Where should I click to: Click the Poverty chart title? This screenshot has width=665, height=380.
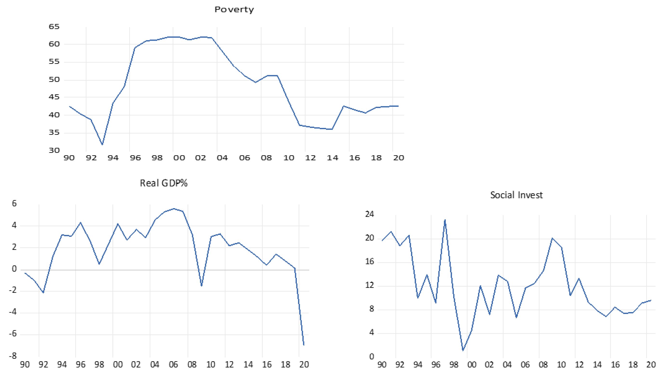tap(234, 10)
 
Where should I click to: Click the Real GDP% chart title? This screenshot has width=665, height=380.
tap(164, 183)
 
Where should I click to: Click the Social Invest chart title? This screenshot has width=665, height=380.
tap(516, 195)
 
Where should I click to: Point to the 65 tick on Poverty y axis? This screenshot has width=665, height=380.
tap(54, 27)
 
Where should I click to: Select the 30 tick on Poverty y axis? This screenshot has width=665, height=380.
tap(54, 150)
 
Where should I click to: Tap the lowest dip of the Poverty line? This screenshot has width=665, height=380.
tap(102, 144)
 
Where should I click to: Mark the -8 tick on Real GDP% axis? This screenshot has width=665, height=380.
tap(13, 356)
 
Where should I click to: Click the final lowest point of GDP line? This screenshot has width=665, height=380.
tap(304, 345)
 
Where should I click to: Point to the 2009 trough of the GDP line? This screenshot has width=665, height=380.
tap(201, 286)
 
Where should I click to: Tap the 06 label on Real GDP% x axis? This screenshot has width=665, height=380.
tap(173, 365)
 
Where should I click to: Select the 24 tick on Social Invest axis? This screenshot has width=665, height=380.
tap(369, 214)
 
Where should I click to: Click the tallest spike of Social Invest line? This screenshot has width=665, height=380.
tap(445, 220)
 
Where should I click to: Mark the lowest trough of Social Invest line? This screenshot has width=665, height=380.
tap(463, 350)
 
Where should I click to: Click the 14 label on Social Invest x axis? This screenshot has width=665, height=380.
tap(597, 365)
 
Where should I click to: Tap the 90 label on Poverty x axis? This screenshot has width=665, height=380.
tap(69, 158)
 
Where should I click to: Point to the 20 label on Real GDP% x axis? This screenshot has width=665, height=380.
tap(304, 365)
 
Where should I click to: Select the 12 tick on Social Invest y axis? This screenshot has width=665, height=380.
tap(369, 285)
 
